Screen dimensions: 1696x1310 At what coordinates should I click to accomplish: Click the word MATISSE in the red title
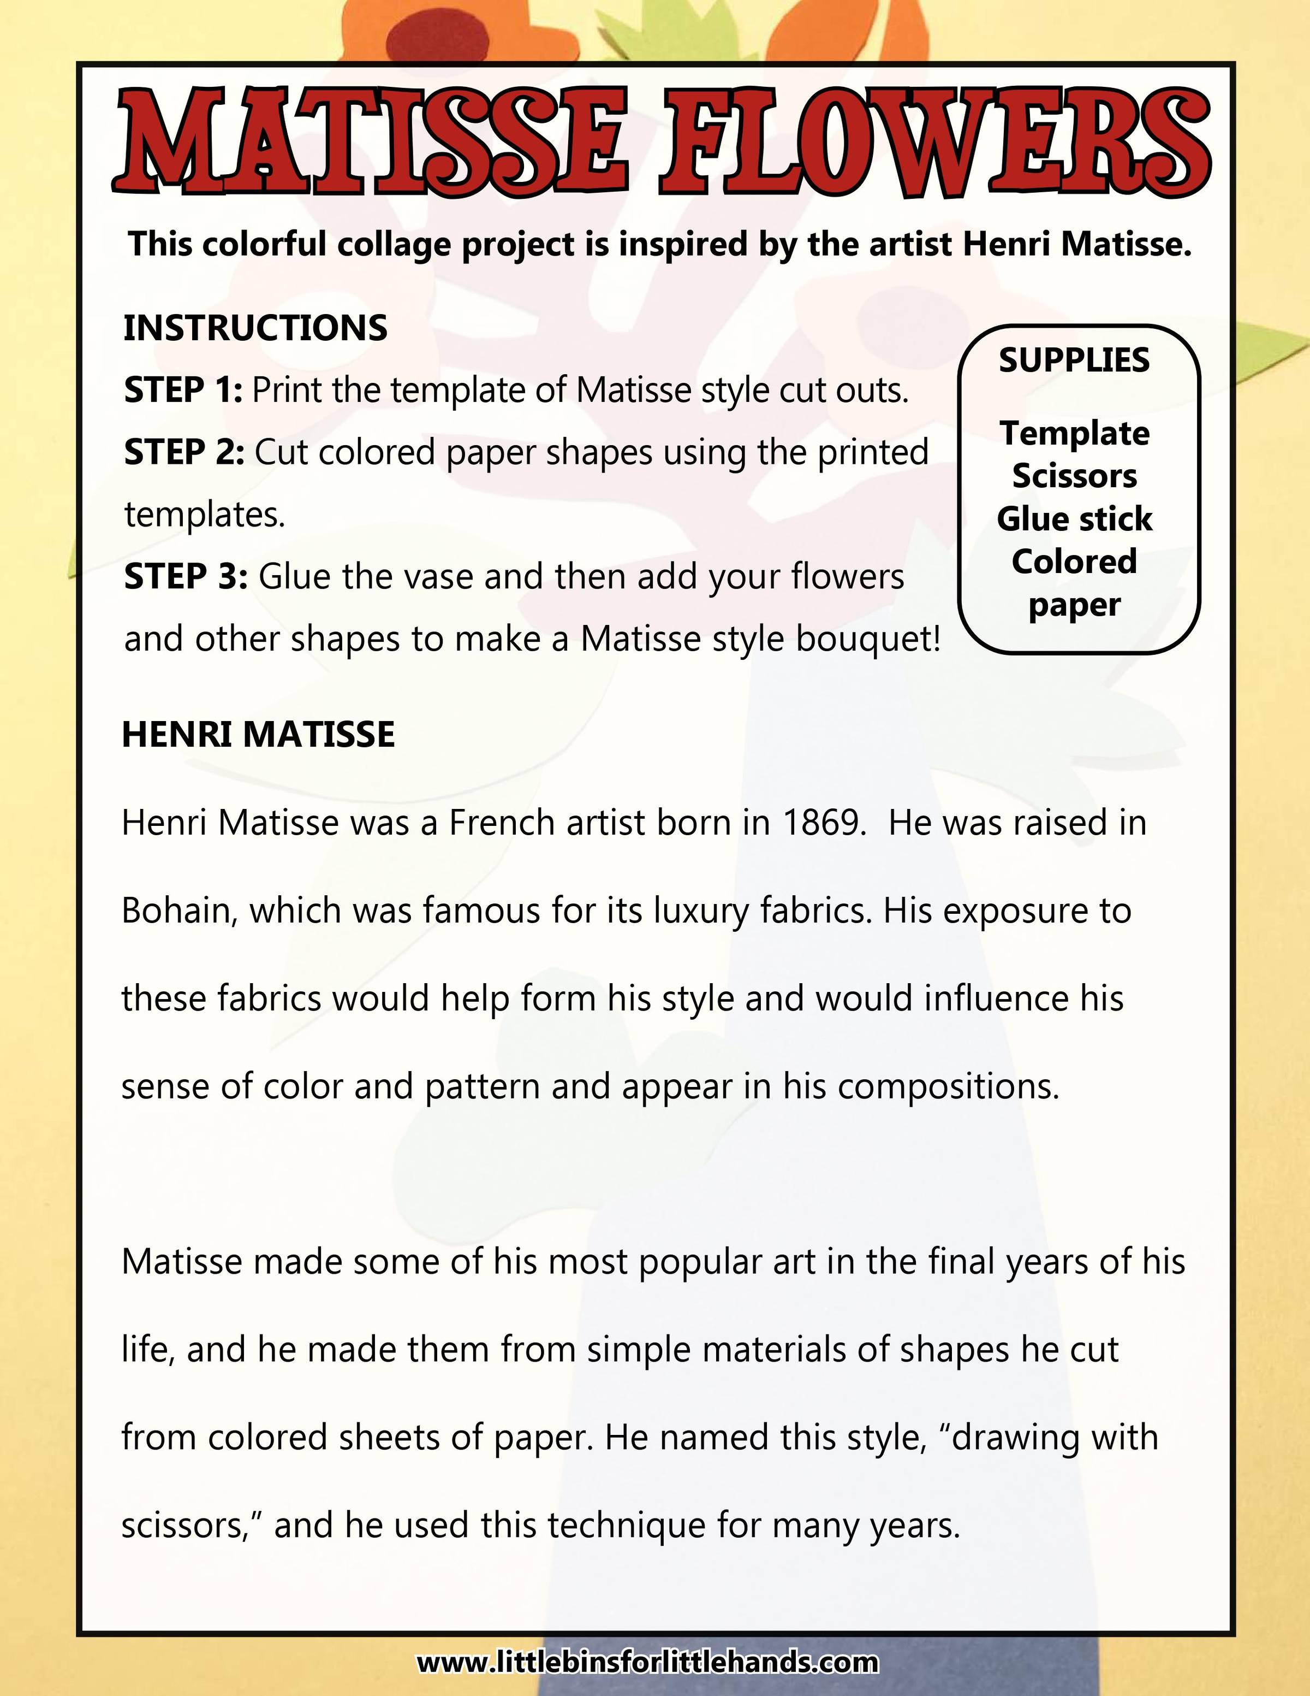click(x=371, y=142)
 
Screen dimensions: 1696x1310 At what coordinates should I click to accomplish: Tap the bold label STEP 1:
click(x=183, y=390)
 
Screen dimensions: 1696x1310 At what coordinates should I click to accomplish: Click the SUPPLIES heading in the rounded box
click(x=1074, y=361)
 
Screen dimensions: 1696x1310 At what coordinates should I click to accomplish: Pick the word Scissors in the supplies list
click(x=1074, y=475)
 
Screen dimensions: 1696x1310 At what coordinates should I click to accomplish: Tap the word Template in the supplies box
click(x=1074, y=433)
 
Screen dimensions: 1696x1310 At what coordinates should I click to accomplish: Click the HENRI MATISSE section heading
click(x=258, y=735)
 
